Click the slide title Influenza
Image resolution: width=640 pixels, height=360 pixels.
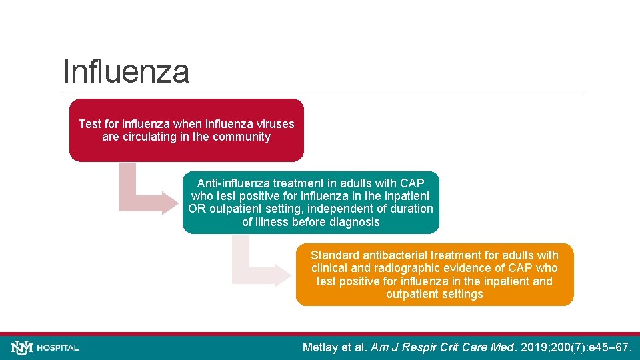(x=126, y=71)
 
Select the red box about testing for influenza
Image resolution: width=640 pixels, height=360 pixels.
(x=186, y=131)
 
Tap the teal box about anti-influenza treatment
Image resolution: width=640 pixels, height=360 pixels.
(x=311, y=202)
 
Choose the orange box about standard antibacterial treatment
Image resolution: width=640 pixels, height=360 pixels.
(x=434, y=274)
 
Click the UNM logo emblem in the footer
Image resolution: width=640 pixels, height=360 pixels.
(x=21, y=347)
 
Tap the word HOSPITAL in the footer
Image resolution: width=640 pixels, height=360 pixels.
(x=58, y=348)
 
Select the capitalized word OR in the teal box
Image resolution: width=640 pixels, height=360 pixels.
(x=197, y=209)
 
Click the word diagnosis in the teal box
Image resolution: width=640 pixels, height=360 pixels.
(x=353, y=222)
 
